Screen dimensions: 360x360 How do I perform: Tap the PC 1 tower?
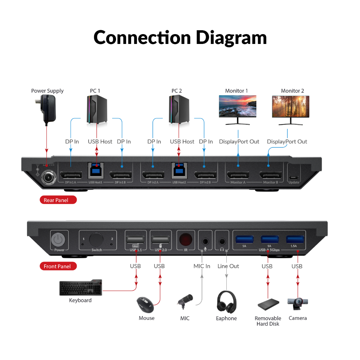tap(97, 110)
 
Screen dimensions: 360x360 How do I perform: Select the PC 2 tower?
tap(179, 110)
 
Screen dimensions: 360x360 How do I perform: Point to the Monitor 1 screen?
tap(237, 106)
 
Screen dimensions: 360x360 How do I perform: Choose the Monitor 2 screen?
tap(290, 106)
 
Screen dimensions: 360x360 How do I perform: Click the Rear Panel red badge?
tap(58, 200)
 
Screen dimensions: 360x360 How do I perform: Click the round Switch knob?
tap(96, 239)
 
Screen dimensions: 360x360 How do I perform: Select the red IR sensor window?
tap(186, 239)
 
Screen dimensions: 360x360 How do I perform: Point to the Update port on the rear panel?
tap(294, 177)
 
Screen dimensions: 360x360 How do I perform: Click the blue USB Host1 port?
tap(97, 170)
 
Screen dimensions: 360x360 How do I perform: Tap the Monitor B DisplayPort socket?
tap(271, 175)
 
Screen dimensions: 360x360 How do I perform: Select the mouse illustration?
tap(145, 305)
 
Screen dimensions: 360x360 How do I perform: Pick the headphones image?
tap(227, 302)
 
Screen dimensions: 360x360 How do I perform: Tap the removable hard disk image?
tap(268, 304)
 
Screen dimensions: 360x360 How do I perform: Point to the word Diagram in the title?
tap(231, 38)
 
